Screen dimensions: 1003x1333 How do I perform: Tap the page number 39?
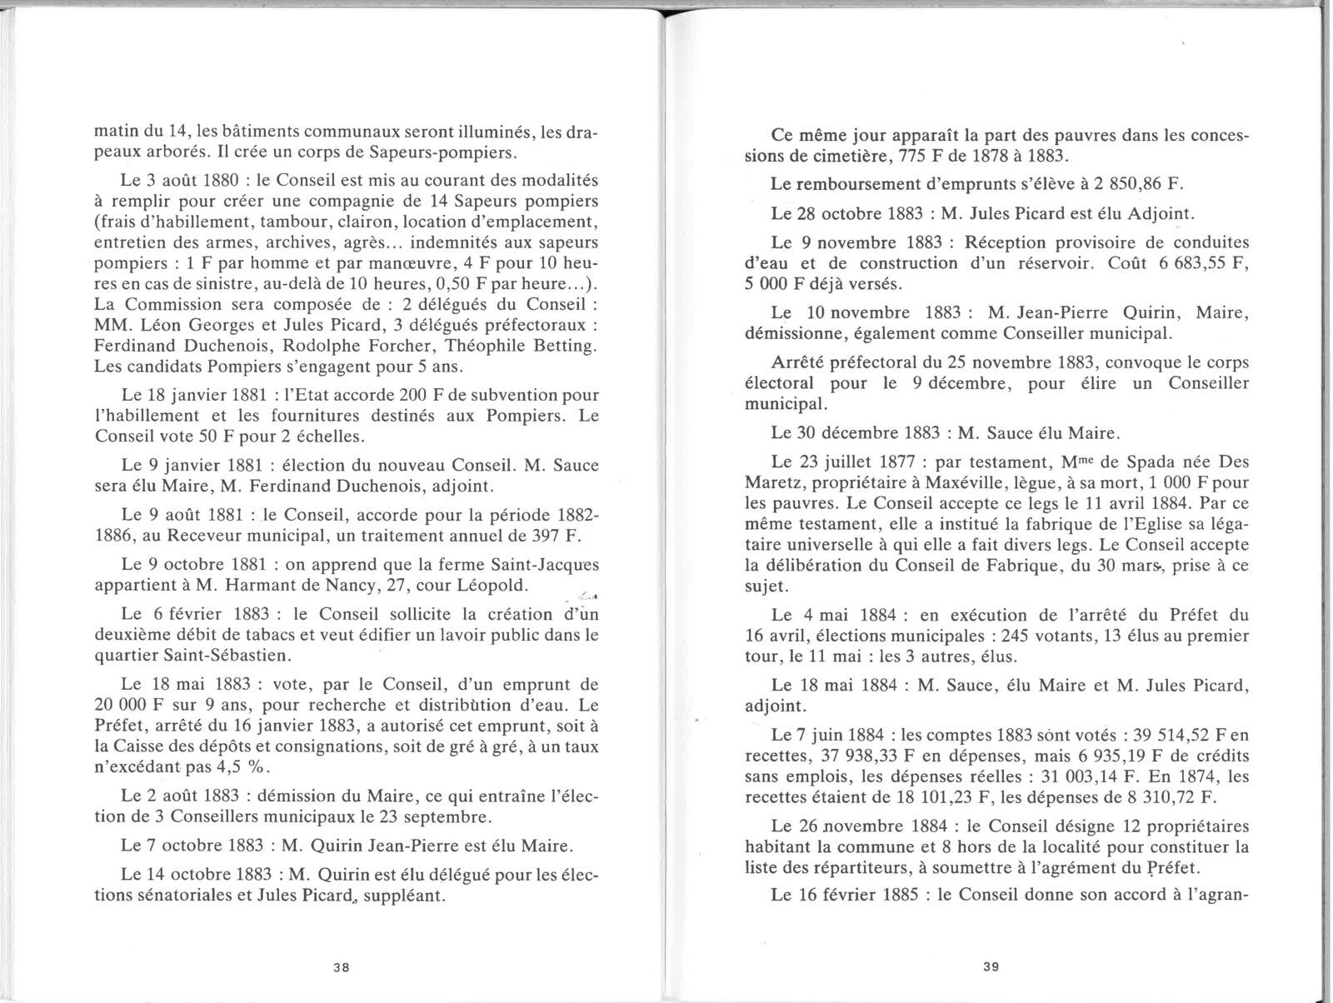click(x=991, y=967)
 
